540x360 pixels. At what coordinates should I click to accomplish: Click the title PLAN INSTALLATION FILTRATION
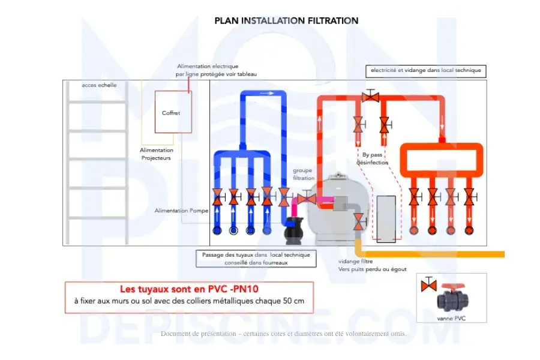[x=286, y=20]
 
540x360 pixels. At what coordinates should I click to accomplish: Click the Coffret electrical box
[x=173, y=112]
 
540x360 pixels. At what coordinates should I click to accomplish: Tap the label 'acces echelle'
[x=100, y=85]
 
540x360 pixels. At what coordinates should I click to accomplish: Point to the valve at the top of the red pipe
[x=371, y=96]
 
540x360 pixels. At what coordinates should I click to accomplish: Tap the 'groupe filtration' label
[x=303, y=174]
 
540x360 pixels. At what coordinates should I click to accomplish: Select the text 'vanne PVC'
[x=452, y=319]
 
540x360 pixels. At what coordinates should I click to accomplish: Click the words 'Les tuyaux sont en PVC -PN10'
[x=189, y=289]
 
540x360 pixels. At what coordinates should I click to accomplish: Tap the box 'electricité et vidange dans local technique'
[x=425, y=71]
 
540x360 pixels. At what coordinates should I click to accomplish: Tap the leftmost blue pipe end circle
[x=217, y=230]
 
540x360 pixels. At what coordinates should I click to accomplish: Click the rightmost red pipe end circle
[x=469, y=230]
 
